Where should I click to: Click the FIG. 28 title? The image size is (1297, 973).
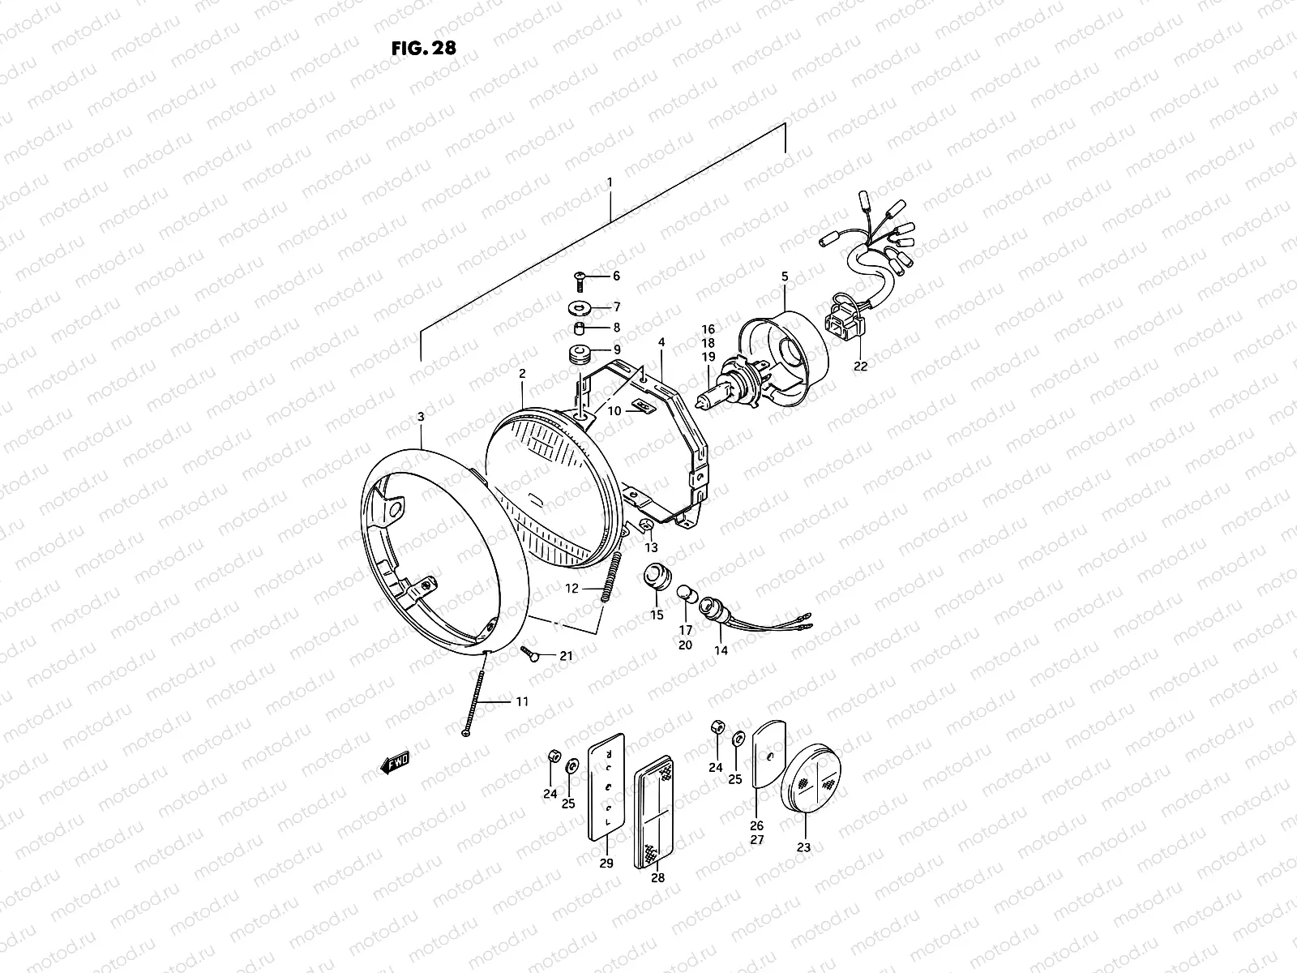[423, 48]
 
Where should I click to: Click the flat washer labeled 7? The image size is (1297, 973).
[580, 307]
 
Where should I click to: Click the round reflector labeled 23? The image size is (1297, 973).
[811, 778]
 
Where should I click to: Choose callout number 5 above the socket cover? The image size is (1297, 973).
[785, 276]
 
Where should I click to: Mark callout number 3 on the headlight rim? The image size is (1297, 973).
[421, 417]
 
